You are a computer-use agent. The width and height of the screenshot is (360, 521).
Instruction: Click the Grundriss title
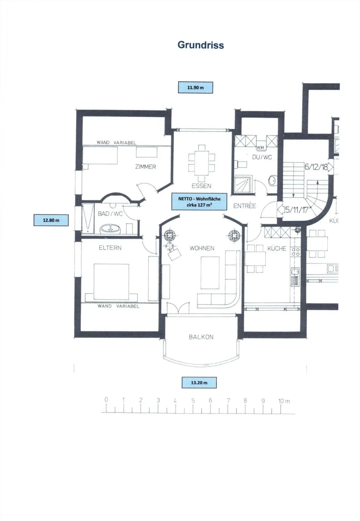pos(201,45)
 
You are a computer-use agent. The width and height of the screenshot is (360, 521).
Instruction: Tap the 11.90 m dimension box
pos(195,88)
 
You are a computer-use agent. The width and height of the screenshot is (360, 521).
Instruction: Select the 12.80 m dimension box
pos(51,220)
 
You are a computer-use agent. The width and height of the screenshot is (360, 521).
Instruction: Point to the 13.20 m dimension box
pos(199,383)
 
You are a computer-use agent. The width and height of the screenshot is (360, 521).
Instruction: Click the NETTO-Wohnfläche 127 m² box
pos(199,202)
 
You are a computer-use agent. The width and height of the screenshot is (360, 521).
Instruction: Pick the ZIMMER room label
pos(146,167)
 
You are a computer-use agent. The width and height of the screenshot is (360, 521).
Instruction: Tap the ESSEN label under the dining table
pos(202,186)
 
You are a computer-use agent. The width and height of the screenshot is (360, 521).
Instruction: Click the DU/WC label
pos(262,157)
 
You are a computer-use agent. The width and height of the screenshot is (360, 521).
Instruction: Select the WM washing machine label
pos(261,148)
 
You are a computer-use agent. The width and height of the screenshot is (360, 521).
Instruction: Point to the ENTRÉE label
pos(245,206)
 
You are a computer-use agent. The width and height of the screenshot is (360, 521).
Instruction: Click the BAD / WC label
pos(110,214)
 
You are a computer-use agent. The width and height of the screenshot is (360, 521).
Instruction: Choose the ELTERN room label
pos(110,248)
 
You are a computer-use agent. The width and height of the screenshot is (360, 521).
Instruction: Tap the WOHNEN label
pos(202,248)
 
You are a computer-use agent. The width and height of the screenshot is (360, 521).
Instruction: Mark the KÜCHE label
pos(277,248)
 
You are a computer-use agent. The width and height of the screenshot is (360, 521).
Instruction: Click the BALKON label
pos(201,337)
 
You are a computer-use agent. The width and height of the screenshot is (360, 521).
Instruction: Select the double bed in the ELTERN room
pos(111,282)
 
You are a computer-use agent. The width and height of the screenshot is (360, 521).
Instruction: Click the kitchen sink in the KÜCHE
pos(295,277)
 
